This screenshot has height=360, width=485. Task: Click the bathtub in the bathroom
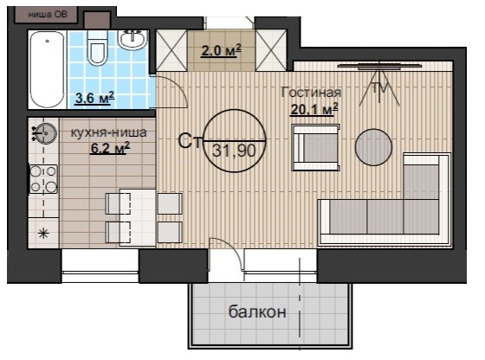48,69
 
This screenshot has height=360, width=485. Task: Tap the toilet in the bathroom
97,47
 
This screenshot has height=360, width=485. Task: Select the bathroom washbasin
133,39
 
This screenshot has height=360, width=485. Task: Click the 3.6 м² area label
95,98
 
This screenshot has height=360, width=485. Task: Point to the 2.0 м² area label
221,50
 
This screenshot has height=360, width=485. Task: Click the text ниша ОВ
48,14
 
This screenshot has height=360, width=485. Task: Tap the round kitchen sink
45,133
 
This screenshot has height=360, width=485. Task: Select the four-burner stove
43,179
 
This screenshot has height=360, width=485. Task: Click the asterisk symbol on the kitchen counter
43,234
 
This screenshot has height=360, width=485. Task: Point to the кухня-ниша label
109,132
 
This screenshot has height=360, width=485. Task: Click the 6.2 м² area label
110,148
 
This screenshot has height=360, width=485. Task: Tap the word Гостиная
311,93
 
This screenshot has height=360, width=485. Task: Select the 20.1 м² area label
314,109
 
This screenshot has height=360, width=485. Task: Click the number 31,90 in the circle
234,151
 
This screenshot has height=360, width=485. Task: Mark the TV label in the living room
379,88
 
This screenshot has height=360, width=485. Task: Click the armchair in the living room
316,147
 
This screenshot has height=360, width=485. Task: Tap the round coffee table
373,147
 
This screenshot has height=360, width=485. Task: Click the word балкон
257,312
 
